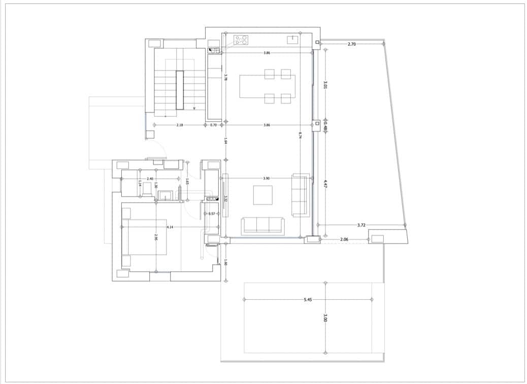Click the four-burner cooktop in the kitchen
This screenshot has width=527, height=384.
(x=241, y=40)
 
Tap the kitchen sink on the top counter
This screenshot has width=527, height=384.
(x=293, y=39)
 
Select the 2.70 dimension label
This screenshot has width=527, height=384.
(x=352, y=44)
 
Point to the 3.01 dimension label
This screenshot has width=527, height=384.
(x=325, y=85)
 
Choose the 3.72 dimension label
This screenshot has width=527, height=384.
(x=361, y=225)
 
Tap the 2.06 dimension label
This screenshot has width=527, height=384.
(x=344, y=239)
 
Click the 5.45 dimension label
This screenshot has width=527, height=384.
(x=308, y=300)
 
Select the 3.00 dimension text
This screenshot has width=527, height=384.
(x=325, y=318)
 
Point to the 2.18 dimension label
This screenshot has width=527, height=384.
(x=180, y=124)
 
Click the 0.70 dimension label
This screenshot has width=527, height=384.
(x=213, y=124)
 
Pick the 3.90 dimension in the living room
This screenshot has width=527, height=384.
(x=267, y=178)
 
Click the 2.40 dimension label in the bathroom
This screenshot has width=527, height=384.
(x=150, y=179)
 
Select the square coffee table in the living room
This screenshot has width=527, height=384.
(x=262, y=195)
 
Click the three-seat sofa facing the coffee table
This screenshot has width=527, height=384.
(x=262, y=225)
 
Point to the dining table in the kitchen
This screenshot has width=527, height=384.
(x=267, y=86)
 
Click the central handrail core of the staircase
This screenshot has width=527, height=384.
(x=179, y=90)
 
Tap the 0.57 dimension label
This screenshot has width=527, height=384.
(x=212, y=213)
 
